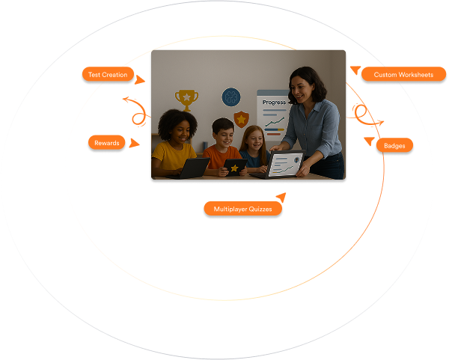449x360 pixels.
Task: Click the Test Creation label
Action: tap(108, 74)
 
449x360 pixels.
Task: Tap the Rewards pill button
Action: tap(106, 143)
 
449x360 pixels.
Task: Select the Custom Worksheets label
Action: tap(403, 74)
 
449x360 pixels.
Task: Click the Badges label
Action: tap(394, 145)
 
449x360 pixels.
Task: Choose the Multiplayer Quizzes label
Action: tap(242, 209)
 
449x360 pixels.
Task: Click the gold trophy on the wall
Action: tap(186, 100)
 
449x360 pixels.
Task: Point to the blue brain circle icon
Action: tap(231, 97)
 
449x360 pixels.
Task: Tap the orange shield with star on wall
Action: tap(242, 119)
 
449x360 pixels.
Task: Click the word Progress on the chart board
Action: tap(274, 103)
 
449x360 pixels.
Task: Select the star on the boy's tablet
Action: tap(234, 168)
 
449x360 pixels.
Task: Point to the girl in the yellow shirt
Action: tap(175, 143)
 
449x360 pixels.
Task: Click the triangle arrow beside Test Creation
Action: tap(139, 80)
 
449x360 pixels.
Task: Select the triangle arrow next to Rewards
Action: tap(133, 143)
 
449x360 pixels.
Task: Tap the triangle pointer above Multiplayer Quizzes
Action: tap(281, 197)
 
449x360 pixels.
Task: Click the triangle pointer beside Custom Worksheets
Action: tap(355, 70)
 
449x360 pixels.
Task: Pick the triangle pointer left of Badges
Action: tap(370, 141)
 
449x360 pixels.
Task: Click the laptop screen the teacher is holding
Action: tap(285, 164)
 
